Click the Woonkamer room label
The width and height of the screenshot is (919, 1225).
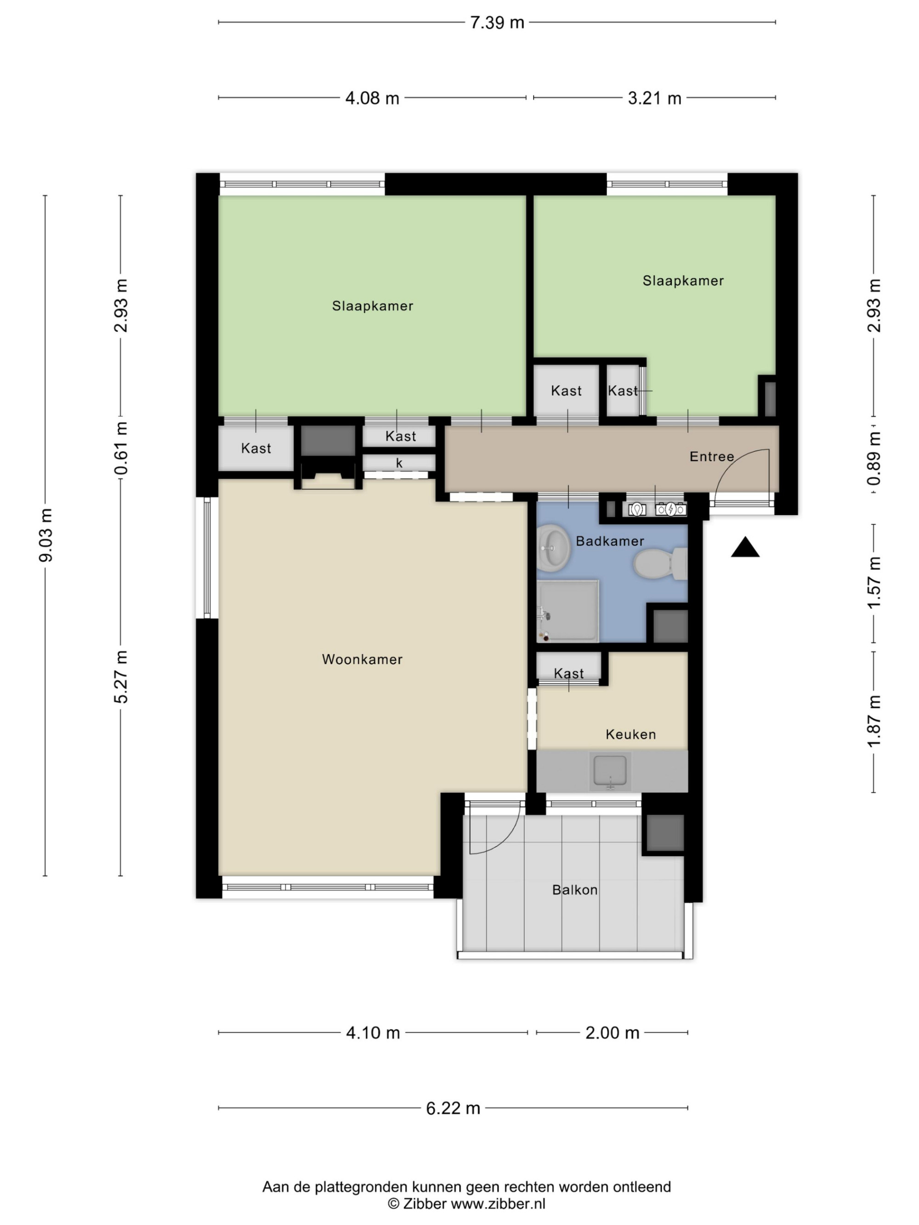(x=362, y=659)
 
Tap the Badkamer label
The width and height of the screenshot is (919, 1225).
(x=610, y=541)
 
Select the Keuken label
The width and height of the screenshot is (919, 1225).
(x=630, y=734)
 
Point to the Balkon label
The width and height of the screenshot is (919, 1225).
(x=574, y=890)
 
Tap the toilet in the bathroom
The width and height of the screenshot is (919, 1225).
(x=660, y=564)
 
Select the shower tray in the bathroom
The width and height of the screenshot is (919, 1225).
(x=568, y=611)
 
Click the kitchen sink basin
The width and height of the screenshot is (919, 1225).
(x=610, y=770)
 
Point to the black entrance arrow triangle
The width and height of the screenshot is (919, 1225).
(x=745, y=547)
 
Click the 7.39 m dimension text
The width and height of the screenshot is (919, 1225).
(x=497, y=23)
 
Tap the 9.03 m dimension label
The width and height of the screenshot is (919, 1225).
(x=46, y=535)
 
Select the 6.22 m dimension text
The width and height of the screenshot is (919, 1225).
(x=453, y=1108)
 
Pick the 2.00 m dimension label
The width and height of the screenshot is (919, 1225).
(x=612, y=1033)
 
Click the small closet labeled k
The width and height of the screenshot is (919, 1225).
(x=399, y=463)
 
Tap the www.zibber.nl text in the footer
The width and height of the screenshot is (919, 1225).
(x=498, y=1203)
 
